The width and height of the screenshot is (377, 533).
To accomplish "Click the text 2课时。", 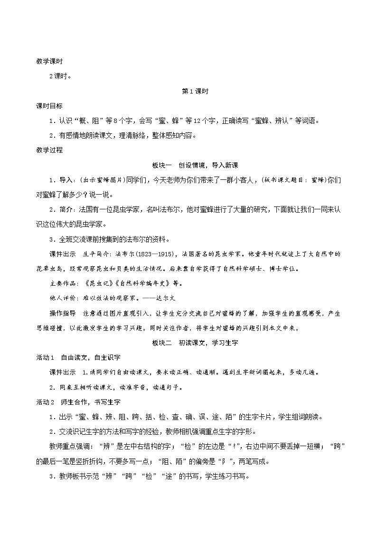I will pyautogui.click(x=60, y=75).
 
